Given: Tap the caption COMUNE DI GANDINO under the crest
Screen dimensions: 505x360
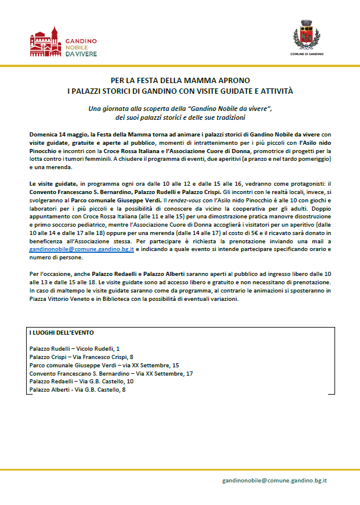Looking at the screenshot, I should point(307,54).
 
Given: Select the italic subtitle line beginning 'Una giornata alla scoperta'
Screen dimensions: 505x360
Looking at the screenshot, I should point(180,109).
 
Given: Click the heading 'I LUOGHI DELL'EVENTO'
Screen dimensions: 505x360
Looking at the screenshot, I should point(61,332).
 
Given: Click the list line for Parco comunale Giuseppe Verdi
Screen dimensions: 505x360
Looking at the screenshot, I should point(104,365).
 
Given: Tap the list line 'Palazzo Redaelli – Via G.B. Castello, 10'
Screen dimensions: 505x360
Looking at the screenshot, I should point(81,382).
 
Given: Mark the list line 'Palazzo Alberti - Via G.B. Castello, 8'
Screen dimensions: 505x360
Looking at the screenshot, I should point(77,390).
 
